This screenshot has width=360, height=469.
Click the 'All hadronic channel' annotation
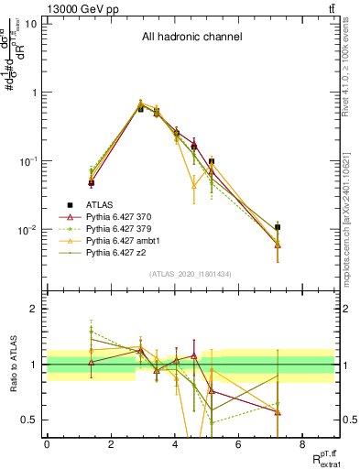coord(191,38)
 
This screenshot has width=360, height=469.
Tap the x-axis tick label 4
coord(174,444)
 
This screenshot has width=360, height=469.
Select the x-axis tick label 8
coord(302,444)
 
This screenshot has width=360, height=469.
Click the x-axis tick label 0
coord(47,444)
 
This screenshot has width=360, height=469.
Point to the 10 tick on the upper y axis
coord(32,24)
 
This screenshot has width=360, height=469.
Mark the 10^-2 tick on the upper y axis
coord(27,229)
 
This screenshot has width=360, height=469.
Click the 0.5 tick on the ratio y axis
coord(30,420)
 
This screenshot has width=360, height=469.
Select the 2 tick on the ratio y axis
coord(34,309)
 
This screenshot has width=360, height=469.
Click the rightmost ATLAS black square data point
coord(278,226)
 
